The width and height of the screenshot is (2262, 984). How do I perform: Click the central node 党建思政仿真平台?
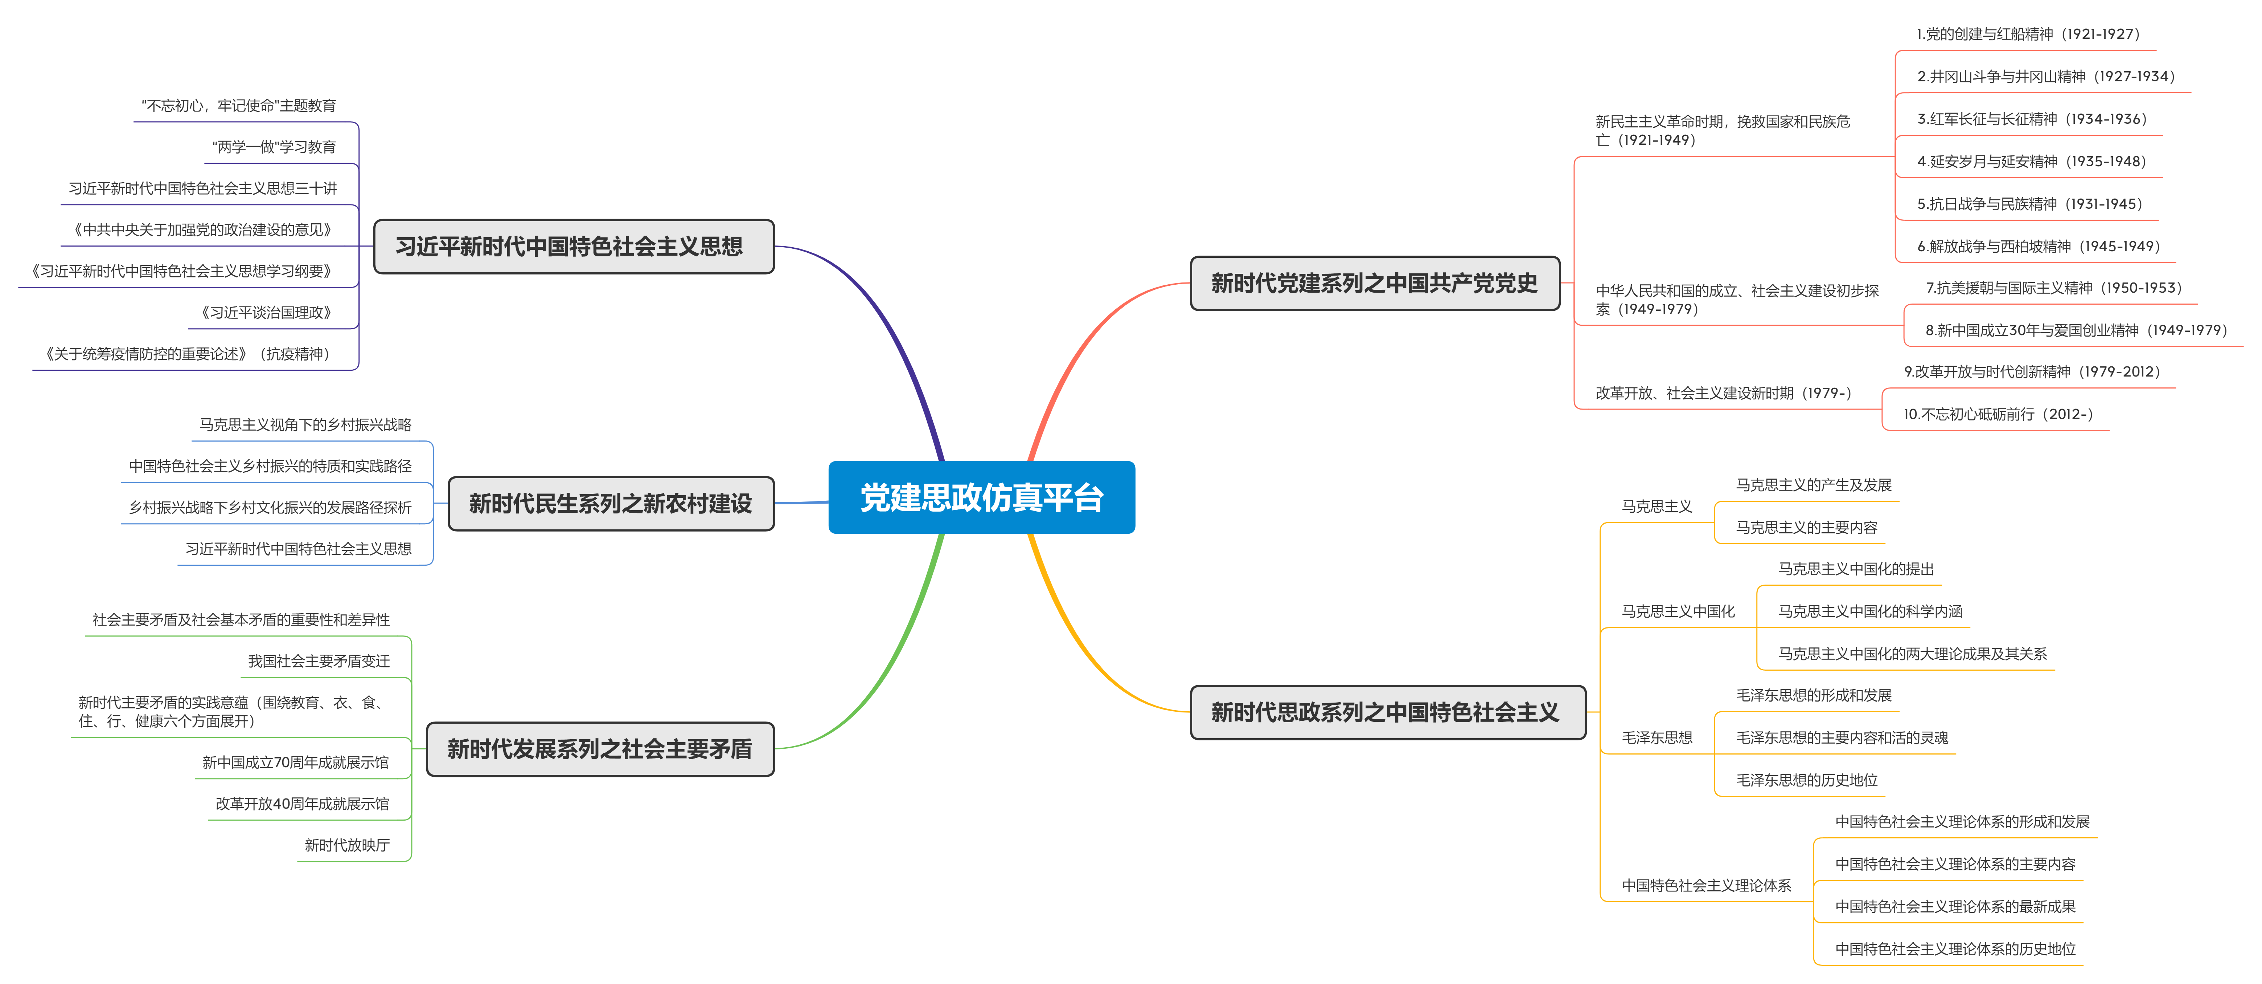981,497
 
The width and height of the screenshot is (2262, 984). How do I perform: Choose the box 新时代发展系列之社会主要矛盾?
600,749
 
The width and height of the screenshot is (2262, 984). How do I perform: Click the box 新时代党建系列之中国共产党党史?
1374,283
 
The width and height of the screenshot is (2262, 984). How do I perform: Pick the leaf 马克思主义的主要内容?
1806,527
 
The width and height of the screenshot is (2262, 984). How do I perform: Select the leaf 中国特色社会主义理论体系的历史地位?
1955,949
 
